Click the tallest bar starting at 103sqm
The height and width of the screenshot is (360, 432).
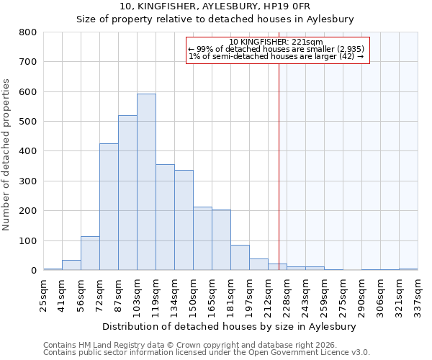click(x=146, y=182)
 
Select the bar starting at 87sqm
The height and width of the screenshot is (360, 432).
click(x=127, y=193)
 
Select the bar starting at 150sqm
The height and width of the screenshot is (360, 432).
click(x=202, y=238)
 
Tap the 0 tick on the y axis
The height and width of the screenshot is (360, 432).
click(x=33, y=271)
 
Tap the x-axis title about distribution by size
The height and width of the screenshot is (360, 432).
click(x=230, y=326)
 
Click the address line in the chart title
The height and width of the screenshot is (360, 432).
click(x=215, y=6)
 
